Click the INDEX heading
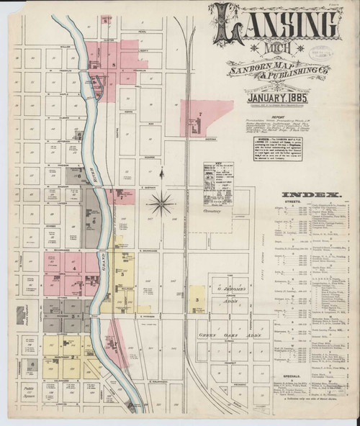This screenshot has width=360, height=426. pyautogui.click(x=311, y=195)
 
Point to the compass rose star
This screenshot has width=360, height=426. pyautogui.click(x=161, y=204)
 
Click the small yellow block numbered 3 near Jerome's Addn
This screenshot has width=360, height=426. pyautogui.click(x=197, y=299)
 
